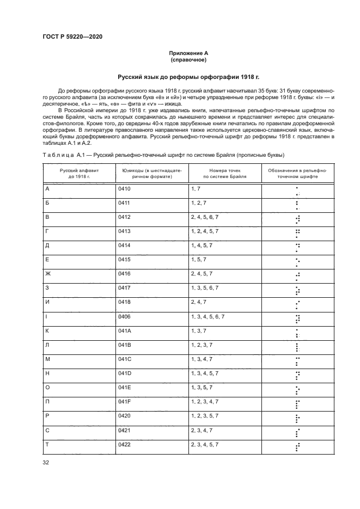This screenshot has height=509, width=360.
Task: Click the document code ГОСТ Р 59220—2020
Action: pyautogui.click(x=72, y=36)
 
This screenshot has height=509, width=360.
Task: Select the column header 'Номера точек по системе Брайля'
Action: pyautogui.click(x=224, y=174)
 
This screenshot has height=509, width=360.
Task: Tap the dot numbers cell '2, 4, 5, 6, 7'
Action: pyautogui.click(x=205, y=217)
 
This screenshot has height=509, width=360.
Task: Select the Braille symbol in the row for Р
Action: pyautogui.click(x=297, y=419)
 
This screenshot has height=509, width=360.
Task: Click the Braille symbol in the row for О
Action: pyautogui.click(x=297, y=390)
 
